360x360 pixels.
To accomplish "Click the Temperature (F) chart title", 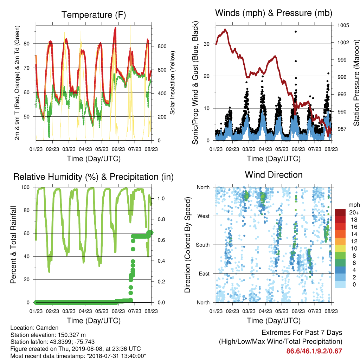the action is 94,15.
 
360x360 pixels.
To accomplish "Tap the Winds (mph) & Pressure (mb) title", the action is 274,13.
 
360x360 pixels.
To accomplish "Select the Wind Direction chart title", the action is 274,175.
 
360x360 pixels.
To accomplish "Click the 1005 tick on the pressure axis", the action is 343,25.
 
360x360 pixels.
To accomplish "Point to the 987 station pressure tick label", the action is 342,129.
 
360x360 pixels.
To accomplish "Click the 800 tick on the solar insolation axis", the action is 162,46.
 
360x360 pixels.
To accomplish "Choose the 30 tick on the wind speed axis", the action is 206,44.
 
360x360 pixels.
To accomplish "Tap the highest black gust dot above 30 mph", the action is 296,32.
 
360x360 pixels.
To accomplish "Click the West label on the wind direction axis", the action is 204,216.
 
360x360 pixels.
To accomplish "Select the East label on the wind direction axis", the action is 204,274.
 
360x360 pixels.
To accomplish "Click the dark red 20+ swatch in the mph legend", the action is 340,212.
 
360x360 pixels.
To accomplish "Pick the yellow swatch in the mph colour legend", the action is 340,249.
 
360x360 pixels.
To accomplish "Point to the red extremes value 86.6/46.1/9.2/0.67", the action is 314,351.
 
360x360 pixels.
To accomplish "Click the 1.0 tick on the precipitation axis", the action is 161,198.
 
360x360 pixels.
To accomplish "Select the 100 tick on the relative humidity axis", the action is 25,187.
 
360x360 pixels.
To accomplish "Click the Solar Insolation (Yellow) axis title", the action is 172,83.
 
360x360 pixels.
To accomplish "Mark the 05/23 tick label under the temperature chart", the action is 102,149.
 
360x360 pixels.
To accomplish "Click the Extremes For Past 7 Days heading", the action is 302,333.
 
